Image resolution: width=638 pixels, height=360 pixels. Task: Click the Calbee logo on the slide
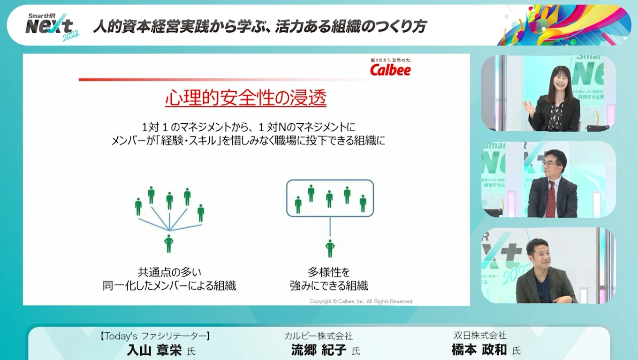pyautogui.click(x=390, y=69)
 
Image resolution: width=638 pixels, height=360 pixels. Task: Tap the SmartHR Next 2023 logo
pyautogui.click(x=52, y=27)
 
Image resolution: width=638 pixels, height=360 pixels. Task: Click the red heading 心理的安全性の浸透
pyautogui.click(x=245, y=99)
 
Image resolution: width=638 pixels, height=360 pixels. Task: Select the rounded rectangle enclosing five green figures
pyautogui.click(x=330, y=198)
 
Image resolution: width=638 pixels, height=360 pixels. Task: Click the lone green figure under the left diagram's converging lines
pyautogui.click(x=169, y=244)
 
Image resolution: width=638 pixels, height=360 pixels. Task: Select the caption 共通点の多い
pyautogui.click(x=169, y=272)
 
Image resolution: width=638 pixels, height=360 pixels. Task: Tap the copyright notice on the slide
pyautogui.click(x=361, y=301)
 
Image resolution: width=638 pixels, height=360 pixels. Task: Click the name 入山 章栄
pyautogui.click(x=154, y=351)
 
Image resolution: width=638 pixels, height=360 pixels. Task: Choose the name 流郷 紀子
pyautogui.click(x=319, y=351)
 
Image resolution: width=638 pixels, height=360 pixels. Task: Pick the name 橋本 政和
pyautogui.click(x=479, y=351)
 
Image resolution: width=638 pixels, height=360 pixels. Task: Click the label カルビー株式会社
pyautogui.click(x=319, y=336)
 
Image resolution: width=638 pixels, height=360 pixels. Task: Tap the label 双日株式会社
pyautogui.click(x=480, y=336)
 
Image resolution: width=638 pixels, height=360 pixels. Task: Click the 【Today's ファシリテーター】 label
pyautogui.click(x=154, y=336)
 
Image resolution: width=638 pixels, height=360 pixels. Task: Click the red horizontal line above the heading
pyautogui.click(x=225, y=80)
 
